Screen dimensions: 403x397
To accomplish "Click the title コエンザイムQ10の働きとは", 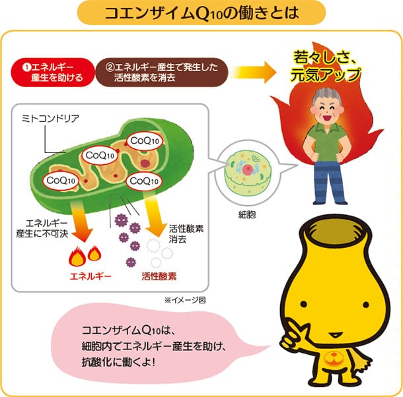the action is click(x=201, y=13).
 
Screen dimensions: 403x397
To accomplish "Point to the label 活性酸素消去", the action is click(x=186, y=233).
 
